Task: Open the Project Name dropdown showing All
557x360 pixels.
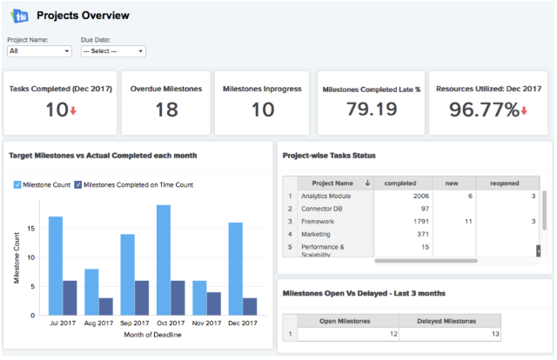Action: tap(39, 51)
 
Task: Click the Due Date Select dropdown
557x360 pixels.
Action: tap(113, 51)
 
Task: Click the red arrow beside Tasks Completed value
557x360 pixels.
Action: tap(73, 110)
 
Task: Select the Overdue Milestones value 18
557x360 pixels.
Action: tap(166, 110)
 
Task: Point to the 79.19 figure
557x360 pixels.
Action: tap(372, 109)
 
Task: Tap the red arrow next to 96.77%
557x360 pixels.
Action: tap(524, 111)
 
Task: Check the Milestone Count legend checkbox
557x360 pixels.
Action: tap(17, 184)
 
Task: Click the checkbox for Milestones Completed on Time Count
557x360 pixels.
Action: tap(77, 184)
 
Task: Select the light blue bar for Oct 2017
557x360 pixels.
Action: tap(164, 260)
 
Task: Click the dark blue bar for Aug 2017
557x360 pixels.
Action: tap(106, 306)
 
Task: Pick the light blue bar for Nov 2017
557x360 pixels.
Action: tap(199, 298)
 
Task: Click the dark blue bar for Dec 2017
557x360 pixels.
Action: tap(250, 306)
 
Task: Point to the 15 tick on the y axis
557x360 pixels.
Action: tap(31, 229)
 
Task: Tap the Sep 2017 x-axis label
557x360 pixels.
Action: tap(135, 323)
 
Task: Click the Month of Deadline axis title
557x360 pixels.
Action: tap(152, 335)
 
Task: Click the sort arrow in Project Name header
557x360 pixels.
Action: tap(367, 183)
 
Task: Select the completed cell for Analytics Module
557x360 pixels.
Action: tap(403, 196)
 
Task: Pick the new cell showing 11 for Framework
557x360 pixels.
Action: tap(454, 222)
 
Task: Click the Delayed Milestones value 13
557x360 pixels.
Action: tap(450, 334)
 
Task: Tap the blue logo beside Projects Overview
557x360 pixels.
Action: tap(20, 16)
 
